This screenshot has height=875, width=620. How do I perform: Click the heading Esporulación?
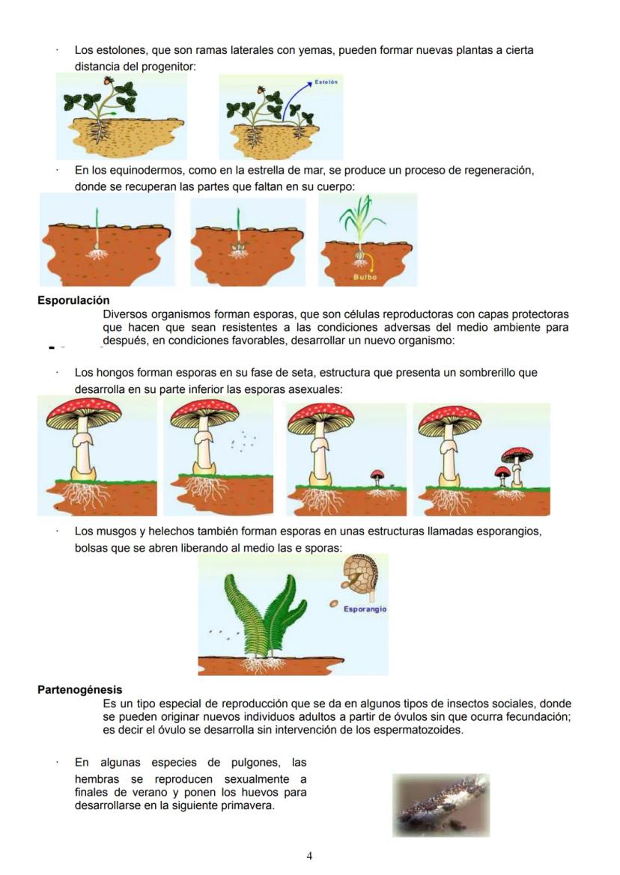[x=73, y=301]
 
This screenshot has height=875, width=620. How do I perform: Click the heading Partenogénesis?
[x=79, y=689]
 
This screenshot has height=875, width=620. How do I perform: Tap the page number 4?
[x=309, y=856]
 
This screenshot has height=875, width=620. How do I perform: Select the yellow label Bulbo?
[x=365, y=277]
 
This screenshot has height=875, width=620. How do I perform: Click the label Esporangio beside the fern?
[x=365, y=609]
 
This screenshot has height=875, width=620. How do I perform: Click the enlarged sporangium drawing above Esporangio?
[x=360, y=577]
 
